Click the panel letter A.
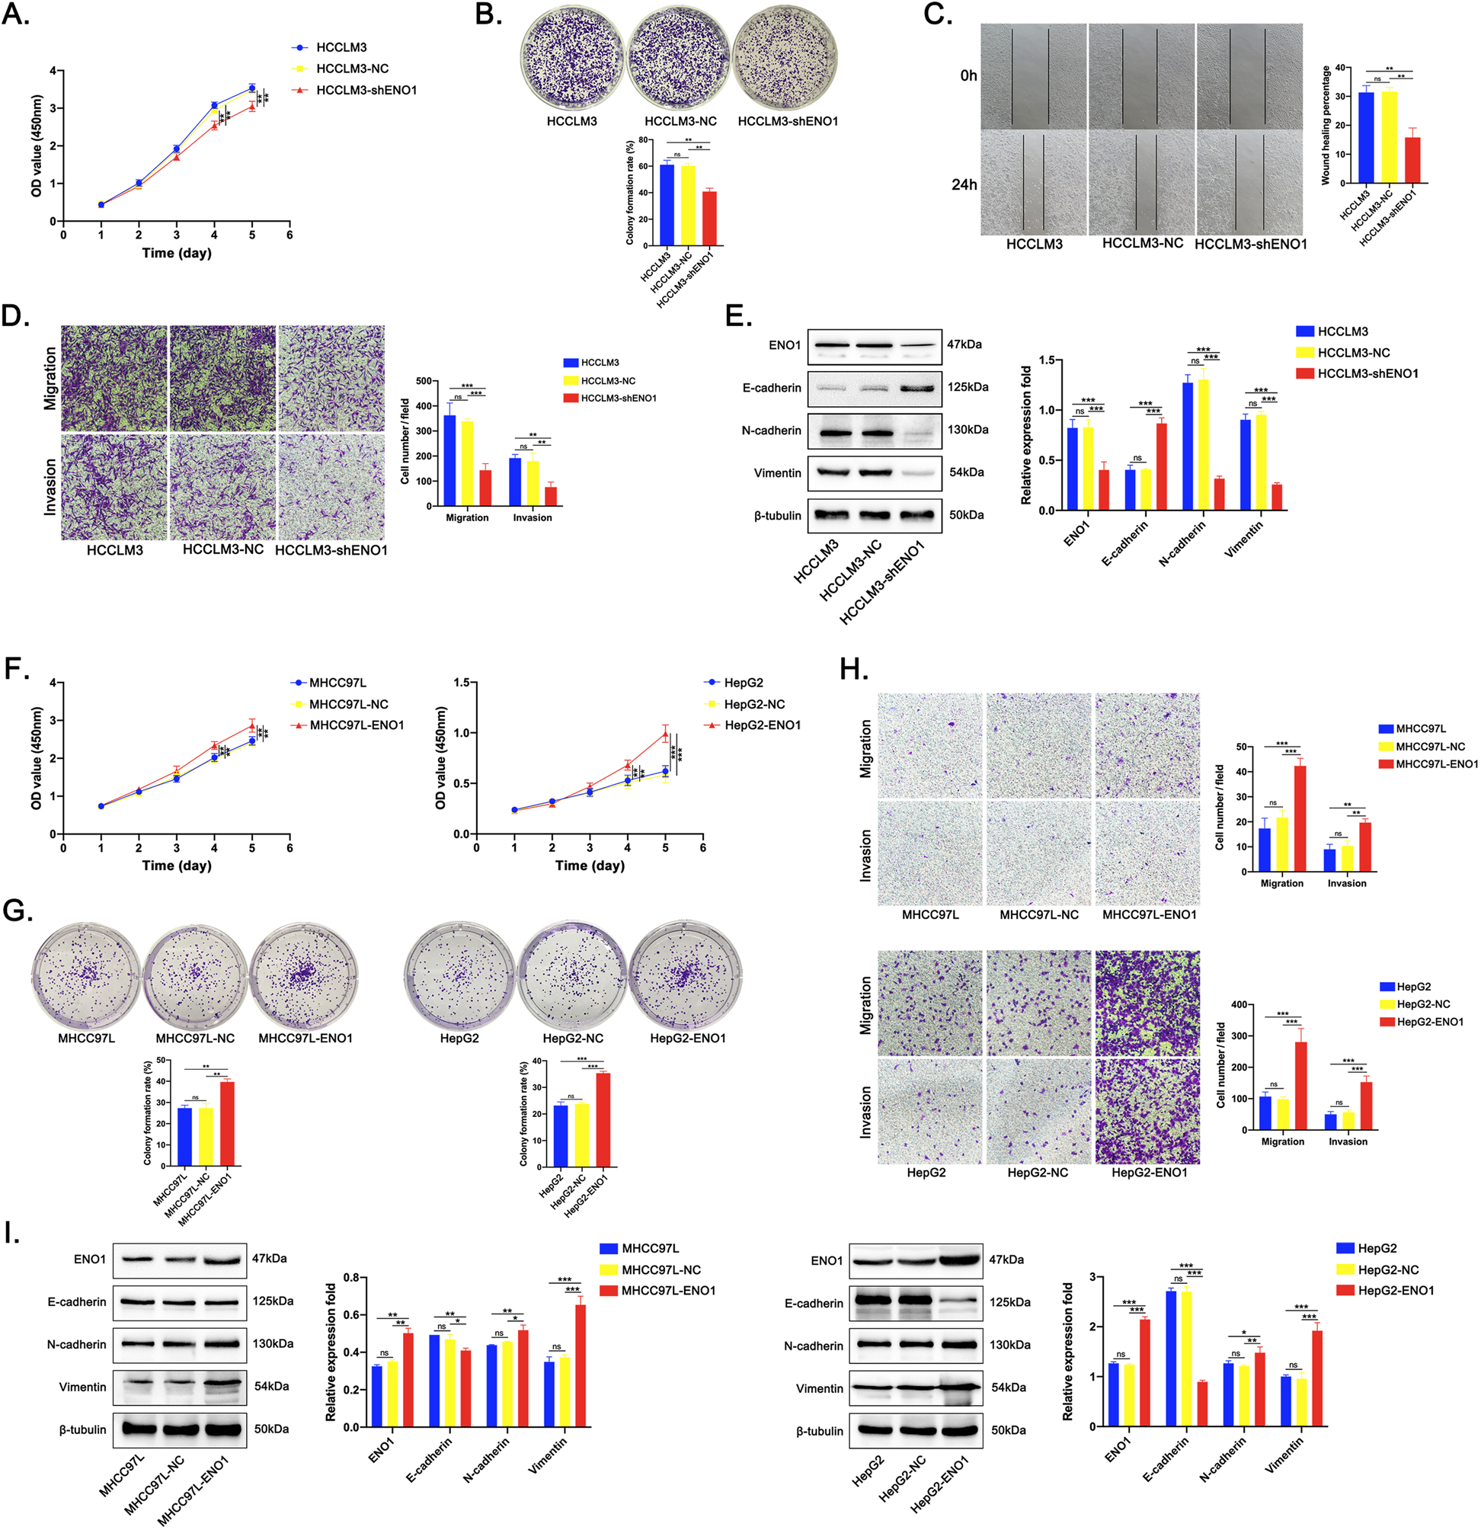point(15,14)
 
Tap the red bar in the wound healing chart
point(1412,159)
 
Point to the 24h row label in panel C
point(964,185)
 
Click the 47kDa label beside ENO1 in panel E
point(964,344)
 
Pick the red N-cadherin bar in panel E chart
point(1219,493)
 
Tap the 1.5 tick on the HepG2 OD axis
point(460,683)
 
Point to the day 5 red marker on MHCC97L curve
point(252,726)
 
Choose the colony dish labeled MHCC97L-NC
point(195,975)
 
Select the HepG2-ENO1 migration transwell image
point(1147,1003)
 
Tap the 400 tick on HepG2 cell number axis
point(1242,1005)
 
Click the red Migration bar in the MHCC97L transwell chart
point(1300,818)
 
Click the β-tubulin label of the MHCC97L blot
point(83,1430)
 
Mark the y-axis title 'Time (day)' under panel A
point(176,253)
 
